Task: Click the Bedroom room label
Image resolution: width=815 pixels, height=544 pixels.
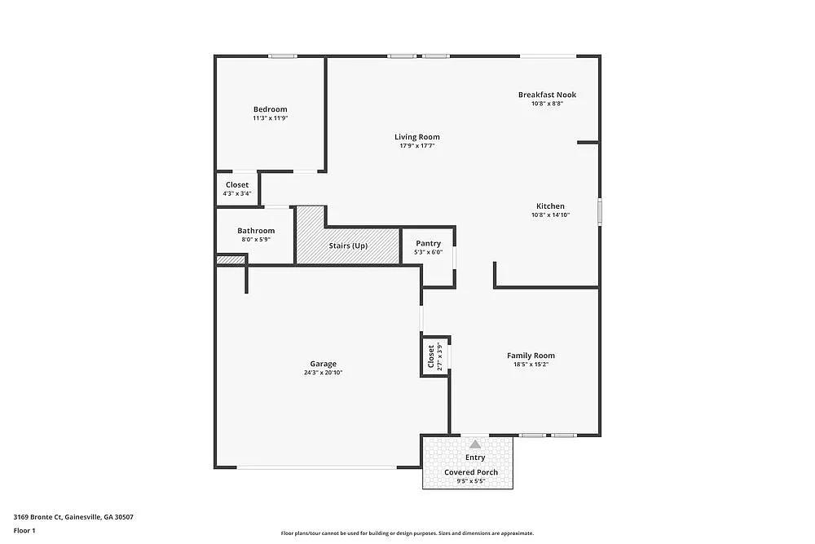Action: [x=270, y=109]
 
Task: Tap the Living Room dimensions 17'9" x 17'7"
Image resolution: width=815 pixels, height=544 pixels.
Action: [x=417, y=147]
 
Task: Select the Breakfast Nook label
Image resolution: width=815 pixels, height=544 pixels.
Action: [x=547, y=95]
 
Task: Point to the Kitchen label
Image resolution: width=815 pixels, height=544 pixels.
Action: [x=550, y=206]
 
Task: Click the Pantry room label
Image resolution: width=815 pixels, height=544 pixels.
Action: [x=428, y=243]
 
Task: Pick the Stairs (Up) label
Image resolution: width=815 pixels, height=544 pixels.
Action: [x=348, y=245]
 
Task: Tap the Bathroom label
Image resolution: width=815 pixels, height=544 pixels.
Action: [x=256, y=231]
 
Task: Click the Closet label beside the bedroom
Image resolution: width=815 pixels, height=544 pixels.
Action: [x=237, y=185]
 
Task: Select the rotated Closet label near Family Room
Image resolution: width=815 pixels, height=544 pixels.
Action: [x=431, y=356]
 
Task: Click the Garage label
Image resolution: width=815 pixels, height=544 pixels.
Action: [x=323, y=364]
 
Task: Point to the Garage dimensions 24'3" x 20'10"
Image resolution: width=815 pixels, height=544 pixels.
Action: [x=323, y=373]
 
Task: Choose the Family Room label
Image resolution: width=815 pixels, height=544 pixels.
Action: [x=531, y=356]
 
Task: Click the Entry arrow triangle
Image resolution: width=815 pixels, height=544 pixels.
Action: [x=474, y=444]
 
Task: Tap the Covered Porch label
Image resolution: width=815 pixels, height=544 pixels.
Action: [x=471, y=472]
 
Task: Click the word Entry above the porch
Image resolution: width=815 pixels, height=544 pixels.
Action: [x=474, y=458]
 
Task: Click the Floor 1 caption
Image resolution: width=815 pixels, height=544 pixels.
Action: [x=24, y=530]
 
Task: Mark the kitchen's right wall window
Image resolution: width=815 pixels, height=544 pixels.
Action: [x=599, y=211]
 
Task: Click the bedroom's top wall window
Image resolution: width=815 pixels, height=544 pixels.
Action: [x=283, y=56]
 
